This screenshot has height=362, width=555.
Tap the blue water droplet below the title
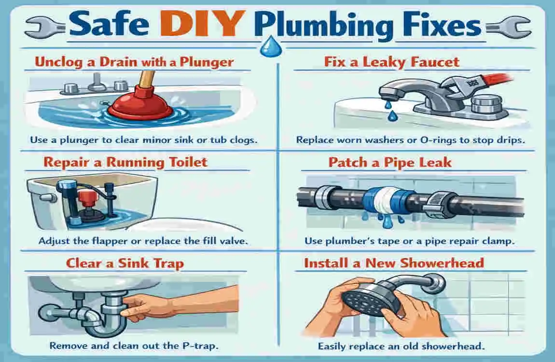coord(267,47)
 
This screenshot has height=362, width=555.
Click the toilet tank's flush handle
coord(44,197)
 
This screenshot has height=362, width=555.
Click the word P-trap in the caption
coord(197,346)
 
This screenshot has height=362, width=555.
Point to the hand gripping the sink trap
coord(140,306)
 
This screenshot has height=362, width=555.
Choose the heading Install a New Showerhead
coord(394,264)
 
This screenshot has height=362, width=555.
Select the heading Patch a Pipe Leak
coord(390,162)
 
